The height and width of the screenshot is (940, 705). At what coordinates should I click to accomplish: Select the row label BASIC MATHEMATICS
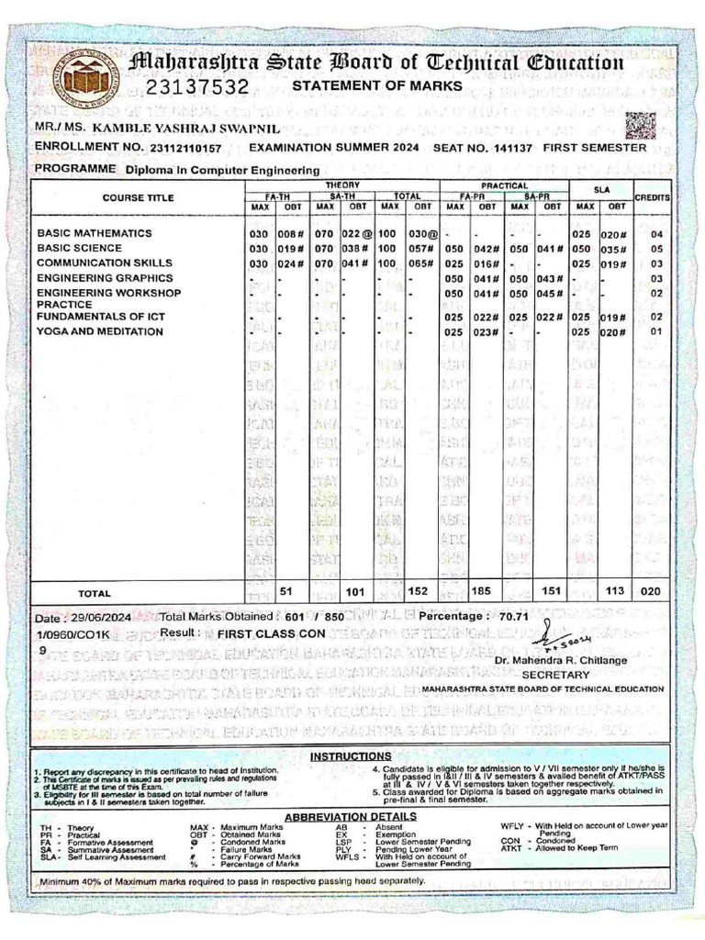[95, 233]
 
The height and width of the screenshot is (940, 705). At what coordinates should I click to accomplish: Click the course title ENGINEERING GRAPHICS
[105, 277]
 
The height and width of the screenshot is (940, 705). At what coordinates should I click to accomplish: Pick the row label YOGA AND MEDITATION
[100, 331]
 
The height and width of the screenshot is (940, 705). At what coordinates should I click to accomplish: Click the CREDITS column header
[652, 197]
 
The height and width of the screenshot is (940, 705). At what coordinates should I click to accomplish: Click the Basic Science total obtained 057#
[420, 248]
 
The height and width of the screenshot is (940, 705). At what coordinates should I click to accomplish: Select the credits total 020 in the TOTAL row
[651, 592]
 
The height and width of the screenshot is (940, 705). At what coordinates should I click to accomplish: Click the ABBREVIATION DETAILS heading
[351, 816]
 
